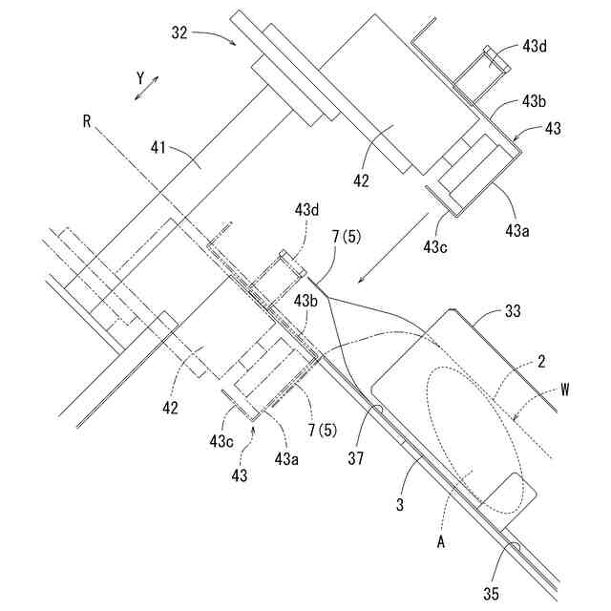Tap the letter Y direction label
(139, 74)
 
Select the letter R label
(87, 120)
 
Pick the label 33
(514, 311)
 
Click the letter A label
(441, 541)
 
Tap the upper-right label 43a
(519, 230)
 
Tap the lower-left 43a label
(286, 457)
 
